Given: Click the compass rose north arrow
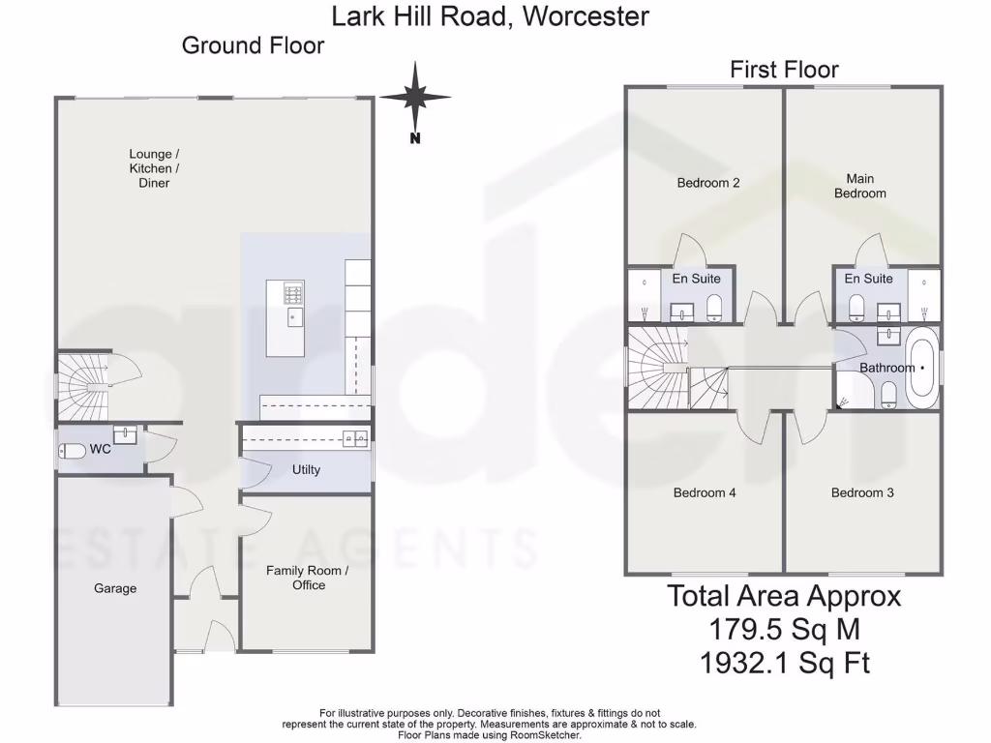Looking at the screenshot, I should (x=415, y=98).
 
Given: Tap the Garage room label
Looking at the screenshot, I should (x=115, y=588).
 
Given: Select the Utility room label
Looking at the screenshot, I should (x=306, y=470).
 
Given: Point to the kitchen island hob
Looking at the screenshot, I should (x=292, y=291).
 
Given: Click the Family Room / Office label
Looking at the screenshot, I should (x=308, y=578).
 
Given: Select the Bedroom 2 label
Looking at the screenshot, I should (x=708, y=183).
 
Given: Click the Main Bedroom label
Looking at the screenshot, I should (x=859, y=186).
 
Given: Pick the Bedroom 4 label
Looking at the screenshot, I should (x=705, y=492).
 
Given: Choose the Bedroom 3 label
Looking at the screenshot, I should (x=862, y=492).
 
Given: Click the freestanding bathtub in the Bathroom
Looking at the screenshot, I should (x=920, y=369).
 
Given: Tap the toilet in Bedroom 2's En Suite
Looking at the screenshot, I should (x=714, y=309).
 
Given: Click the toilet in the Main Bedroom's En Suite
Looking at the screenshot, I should (x=856, y=309).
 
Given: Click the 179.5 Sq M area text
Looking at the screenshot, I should (x=784, y=630).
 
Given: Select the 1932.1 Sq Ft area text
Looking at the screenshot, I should (x=784, y=663).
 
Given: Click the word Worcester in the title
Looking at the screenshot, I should (x=585, y=16).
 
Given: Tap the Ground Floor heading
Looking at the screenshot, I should (x=253, y=45).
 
